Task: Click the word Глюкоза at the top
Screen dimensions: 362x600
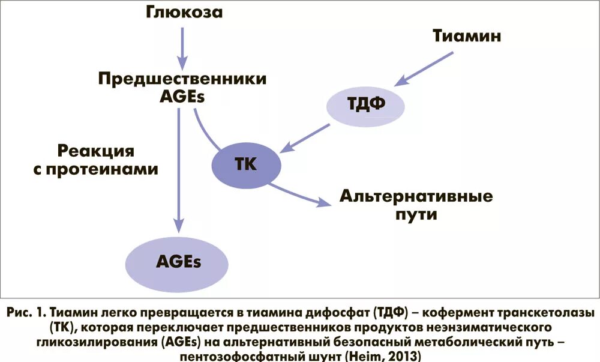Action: coord(184,12)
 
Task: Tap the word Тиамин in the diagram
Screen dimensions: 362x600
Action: coord(467,36)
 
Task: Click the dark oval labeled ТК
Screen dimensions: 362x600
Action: coord(247,164)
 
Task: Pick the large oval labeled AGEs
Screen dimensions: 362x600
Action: coord(177,261)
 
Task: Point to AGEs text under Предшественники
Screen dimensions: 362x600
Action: coord(182,95)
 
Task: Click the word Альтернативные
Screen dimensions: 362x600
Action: coord(416,196)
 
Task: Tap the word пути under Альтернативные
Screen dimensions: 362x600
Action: coord(416,214)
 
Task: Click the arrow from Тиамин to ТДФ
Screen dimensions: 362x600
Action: coord(428,67)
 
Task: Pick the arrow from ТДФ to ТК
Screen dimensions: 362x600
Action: coord(307,137)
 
